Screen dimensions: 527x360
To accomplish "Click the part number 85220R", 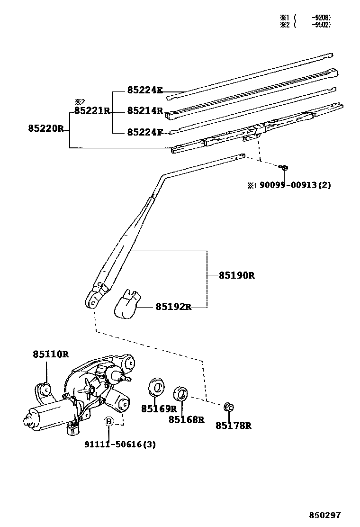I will (x=45, y=128).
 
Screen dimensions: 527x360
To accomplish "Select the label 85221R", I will (x=91, y=111).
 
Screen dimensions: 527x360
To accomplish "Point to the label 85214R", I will (x=144, y=111).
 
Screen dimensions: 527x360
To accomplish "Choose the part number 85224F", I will (x=144, y=132).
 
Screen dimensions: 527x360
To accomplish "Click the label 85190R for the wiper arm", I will (x=236, y=275).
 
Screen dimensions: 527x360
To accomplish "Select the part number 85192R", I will (x=173, y=307).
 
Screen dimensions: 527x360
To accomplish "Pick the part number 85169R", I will (x=159, y=409).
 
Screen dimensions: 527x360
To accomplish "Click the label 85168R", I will (x=186, y=419).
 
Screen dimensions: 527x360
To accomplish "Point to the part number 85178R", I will (x=233, y=426).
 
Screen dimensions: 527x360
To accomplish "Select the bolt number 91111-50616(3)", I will (x=120, y=444).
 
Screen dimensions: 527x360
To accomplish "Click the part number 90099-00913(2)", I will (x=294, y=185).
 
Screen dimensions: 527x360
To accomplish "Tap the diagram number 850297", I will (x=325, y=515).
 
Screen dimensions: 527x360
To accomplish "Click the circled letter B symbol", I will (x=109, y=421).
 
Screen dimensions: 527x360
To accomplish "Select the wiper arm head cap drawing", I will (x=128, y=304).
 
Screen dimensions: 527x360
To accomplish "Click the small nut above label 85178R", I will (x=228, y=407).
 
